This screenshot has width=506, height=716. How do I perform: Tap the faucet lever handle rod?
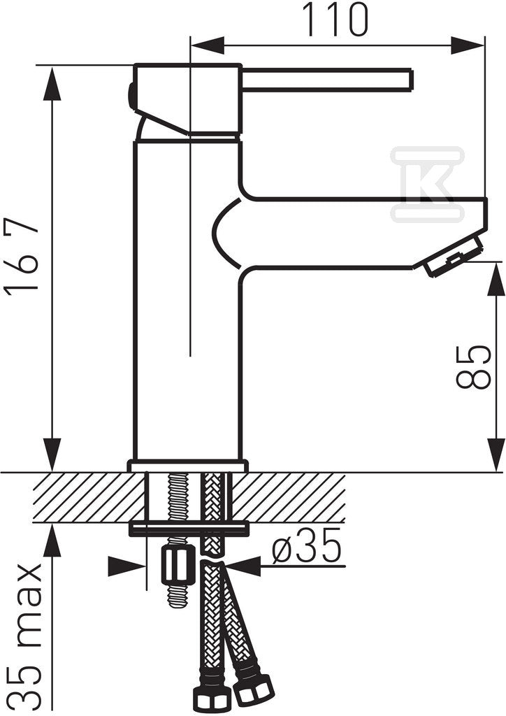click(327, 80)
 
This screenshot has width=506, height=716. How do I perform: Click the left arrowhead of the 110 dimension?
click(208, 45)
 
